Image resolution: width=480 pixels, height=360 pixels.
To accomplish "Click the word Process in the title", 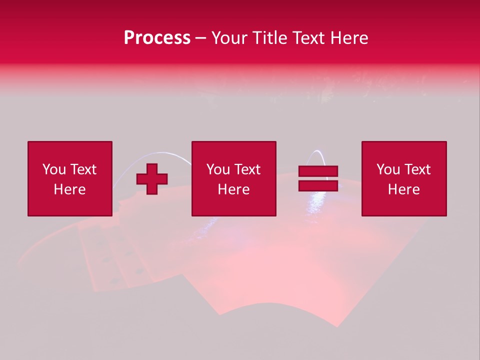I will click(x=157, y=38).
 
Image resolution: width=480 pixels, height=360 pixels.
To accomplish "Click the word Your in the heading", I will click(x=229, y=38).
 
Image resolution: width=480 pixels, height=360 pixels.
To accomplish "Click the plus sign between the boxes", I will click(x=152, y=179).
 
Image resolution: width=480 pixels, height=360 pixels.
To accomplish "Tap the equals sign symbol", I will click(x=318, y=178).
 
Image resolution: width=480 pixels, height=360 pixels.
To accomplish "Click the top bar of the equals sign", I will click(x=318, y=171).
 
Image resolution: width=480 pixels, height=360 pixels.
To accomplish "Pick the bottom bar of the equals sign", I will click(x=318, y=185).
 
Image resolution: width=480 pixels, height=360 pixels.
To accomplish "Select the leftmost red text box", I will click(x=69, y=178).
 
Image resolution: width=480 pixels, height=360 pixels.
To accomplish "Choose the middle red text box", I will click(x=233, y=178).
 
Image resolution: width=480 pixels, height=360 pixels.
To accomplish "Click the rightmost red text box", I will click(x=404, y=178).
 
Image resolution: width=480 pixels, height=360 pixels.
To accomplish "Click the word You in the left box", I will click(x=54, y=169).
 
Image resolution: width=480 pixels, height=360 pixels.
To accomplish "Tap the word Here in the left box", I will click(x=69, y=189).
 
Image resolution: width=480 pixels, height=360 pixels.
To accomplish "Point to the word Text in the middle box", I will click(x=247, y=169).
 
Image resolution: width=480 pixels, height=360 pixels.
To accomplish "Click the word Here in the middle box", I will click(x=233, y=189).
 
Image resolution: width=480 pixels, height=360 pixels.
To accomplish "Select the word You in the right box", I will click(x=388, y=169).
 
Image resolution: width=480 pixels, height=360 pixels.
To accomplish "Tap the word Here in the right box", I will click(x=404, y=189).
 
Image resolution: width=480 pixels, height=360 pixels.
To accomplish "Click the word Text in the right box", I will click(x=417, y=169).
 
